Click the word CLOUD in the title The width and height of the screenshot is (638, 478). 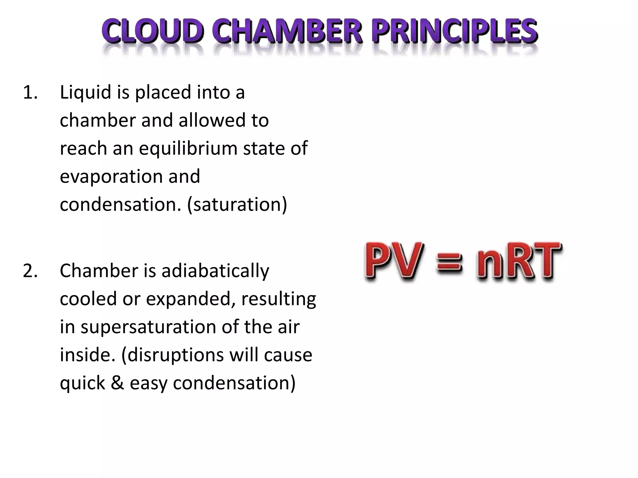click(153, 31)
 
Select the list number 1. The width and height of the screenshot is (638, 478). click(30, 93)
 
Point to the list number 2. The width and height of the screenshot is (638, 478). click(30, 271)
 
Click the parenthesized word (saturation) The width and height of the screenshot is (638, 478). click(237, 205)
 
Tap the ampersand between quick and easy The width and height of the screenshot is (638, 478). click(117, 383)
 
